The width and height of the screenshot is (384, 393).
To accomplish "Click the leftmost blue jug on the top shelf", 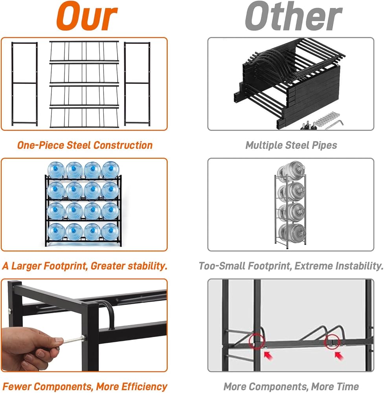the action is coord(56,171).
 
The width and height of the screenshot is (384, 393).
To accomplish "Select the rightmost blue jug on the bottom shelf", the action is coord(110,232).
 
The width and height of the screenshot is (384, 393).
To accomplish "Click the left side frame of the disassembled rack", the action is coord(24,84).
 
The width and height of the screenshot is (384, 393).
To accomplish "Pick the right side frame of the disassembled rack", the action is coord(137,84).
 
